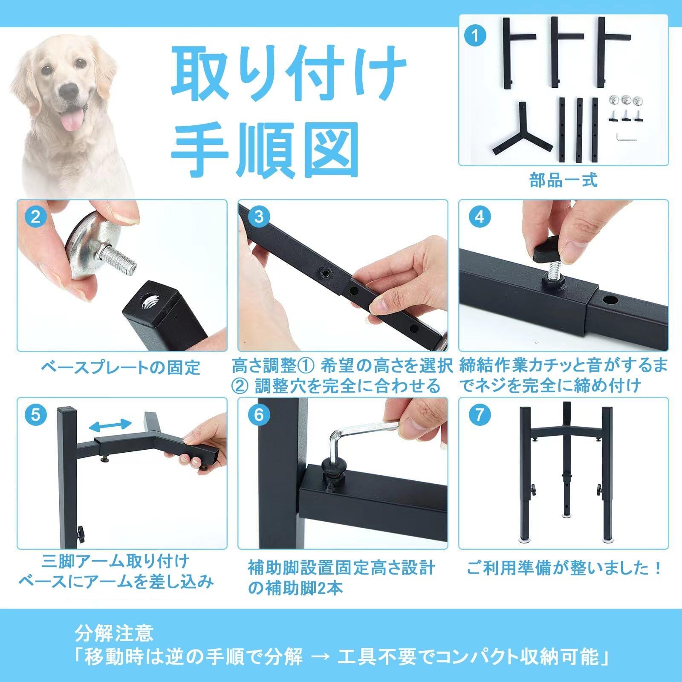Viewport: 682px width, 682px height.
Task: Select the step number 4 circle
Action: pos(479,217)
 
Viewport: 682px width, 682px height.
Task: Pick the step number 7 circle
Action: pos(479,415)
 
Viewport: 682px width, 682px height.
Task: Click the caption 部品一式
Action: pos(564,180)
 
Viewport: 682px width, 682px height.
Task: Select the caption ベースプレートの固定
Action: pos(121,367)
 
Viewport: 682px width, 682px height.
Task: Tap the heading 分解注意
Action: pos(114,634)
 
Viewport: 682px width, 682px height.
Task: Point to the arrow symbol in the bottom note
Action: pos(320,658)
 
